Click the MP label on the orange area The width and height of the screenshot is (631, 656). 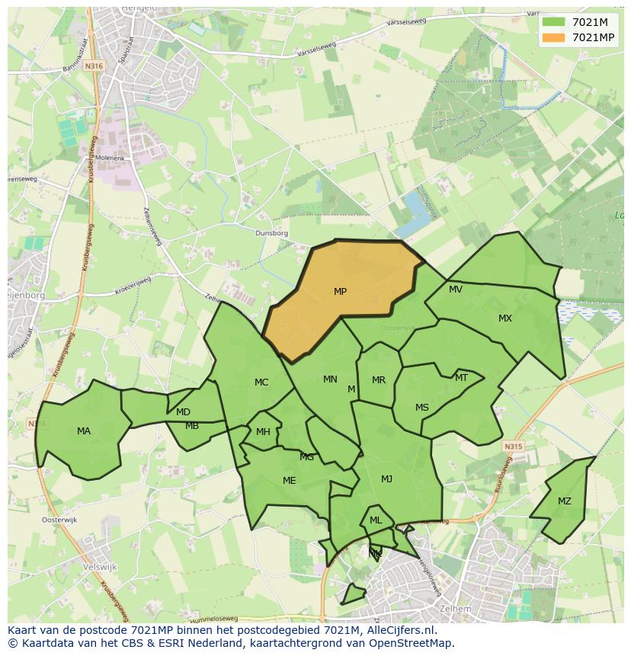tap(340, 292)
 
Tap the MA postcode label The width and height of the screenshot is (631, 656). tap(84, 431)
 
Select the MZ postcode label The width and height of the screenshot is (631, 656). tap(564, 501)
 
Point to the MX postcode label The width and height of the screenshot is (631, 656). tap(505, 318)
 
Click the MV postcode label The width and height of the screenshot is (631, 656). tap(456, 290)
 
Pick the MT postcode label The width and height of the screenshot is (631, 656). tap(461, 378)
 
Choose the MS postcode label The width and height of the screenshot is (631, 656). tap(422, 408)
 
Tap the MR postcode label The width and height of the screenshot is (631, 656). tap(379, 380)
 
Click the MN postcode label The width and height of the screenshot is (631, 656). tap(330, 379)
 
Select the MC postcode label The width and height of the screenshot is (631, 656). tap(261, 382)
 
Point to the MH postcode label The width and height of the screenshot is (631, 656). tap(263, 432)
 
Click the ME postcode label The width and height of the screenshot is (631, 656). tap(290, 481)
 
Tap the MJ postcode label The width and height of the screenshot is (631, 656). tap(387, 479)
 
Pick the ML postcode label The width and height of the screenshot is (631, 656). tap(376, 520)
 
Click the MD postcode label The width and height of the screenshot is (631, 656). tap(183, 412)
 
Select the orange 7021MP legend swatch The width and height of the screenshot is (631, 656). tap(554, 37)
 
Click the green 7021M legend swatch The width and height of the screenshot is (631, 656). tap(554, 22)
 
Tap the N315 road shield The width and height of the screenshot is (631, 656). tap(514, 447)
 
